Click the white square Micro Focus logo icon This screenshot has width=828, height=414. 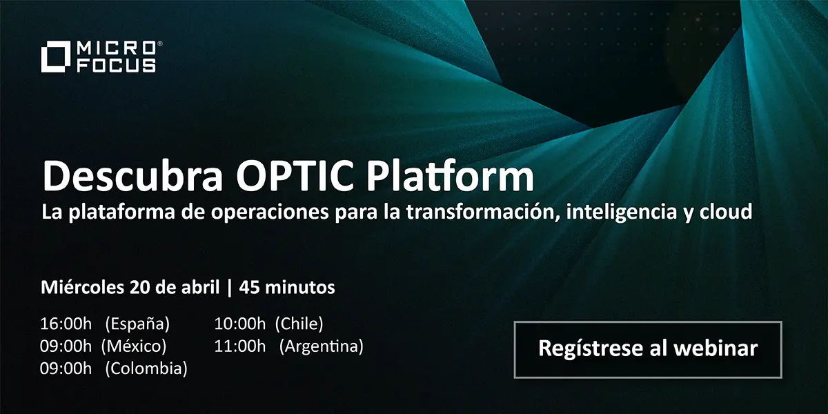[56, 57]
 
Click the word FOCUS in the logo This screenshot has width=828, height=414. [116, 66]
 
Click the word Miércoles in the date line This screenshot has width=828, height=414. [82, 287]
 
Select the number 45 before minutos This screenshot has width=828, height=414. [249, 288]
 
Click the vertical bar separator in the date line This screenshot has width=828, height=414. [230, 288]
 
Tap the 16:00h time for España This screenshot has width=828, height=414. [66, 324]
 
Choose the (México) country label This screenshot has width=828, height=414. [134, 346]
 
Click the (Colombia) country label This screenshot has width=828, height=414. [146, 368]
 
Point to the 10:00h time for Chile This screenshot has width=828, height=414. [240, 324]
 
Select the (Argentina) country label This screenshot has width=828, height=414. [322, 346]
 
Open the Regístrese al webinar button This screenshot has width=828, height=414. [648, 349]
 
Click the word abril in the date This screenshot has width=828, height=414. [200, 287]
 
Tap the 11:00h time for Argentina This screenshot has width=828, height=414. [240, 346]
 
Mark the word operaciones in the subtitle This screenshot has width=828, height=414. [270, 213]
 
